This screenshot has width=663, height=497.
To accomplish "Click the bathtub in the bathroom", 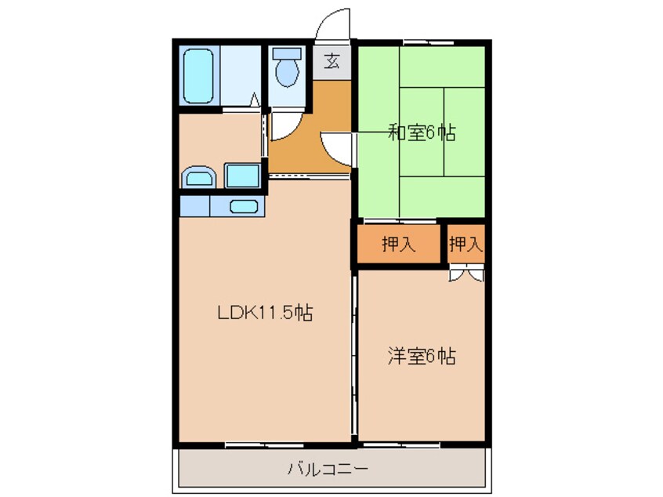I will point(199,75).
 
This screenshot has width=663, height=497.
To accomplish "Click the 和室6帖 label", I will point(421,132).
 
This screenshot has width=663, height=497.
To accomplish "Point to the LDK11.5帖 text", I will point(265,313).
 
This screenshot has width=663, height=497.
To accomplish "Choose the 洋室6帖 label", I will point(421,357).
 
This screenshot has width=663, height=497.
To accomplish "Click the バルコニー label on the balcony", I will point(328,470).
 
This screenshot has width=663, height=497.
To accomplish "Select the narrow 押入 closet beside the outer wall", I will point(466,245).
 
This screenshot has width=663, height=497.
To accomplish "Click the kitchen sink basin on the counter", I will point(245,207).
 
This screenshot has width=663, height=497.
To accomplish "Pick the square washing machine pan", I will point(242,176).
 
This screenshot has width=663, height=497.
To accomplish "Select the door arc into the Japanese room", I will point(335,146).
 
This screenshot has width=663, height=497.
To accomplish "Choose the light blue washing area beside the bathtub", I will point(239,75).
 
